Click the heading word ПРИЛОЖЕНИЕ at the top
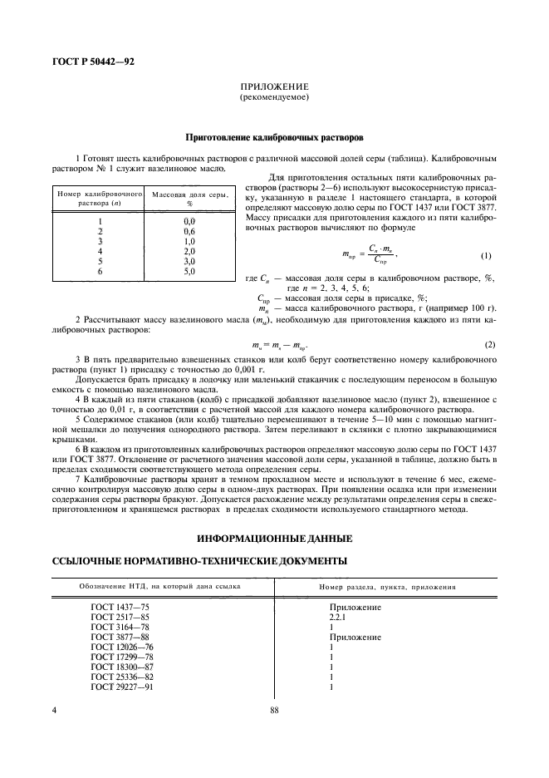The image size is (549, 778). pyautogui.click(x=274, y=87)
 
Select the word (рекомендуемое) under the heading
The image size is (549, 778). pyautogui.click(x=274, y=97)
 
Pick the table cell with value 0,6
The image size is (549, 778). pyautogui.click(x=189, y=231)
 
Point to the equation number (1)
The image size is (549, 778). pyautogui.click(x=486, y=256)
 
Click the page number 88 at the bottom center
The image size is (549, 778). pyautogui.click(x=274, y=710)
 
